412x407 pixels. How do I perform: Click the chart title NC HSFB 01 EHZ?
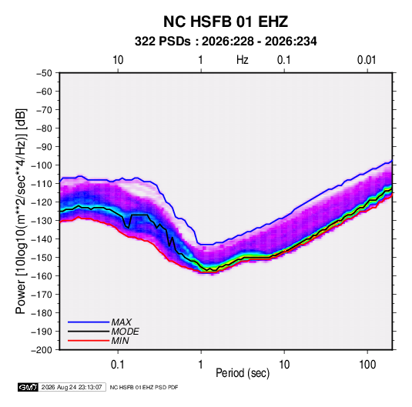pos(226,22)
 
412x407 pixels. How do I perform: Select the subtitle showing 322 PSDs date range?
pos(226,42)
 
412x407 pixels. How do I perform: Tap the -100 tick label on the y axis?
pos(42,165)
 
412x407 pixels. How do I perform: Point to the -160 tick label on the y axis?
pos(42,276)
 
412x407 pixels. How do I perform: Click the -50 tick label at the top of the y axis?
pos(44,73)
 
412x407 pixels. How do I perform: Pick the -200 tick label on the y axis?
pos(42,350)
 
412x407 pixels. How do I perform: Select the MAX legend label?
pos(121,322)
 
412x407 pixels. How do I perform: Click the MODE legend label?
pos(125,332)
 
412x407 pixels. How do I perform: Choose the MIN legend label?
pos(120,341)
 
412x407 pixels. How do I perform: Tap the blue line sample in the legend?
pos(89,322)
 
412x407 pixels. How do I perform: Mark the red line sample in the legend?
pos(89,341)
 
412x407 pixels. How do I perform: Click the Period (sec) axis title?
pos(243,373)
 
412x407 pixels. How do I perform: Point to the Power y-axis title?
pos(21,212)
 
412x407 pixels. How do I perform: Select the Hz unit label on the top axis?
pos(243,60)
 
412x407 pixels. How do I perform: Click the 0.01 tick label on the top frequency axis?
pos(367,60)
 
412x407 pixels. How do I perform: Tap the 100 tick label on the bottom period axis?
pos(367,365)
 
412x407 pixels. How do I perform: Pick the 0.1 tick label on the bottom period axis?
pos(118,365)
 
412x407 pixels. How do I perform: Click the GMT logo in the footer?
pos(28,387)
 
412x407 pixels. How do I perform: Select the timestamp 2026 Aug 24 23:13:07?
pos(72,387)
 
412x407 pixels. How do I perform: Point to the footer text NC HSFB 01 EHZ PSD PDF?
pos(144,387)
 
